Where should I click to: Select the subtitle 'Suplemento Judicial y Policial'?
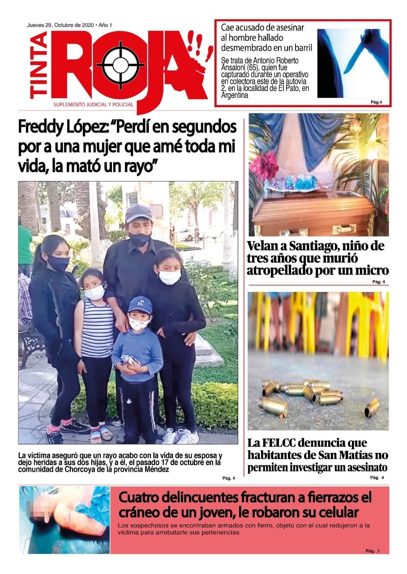click(93, 104)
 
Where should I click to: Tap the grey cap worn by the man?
click(138, 213)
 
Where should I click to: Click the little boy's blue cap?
click(140, 305)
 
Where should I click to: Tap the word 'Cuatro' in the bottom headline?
click(142, 498)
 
